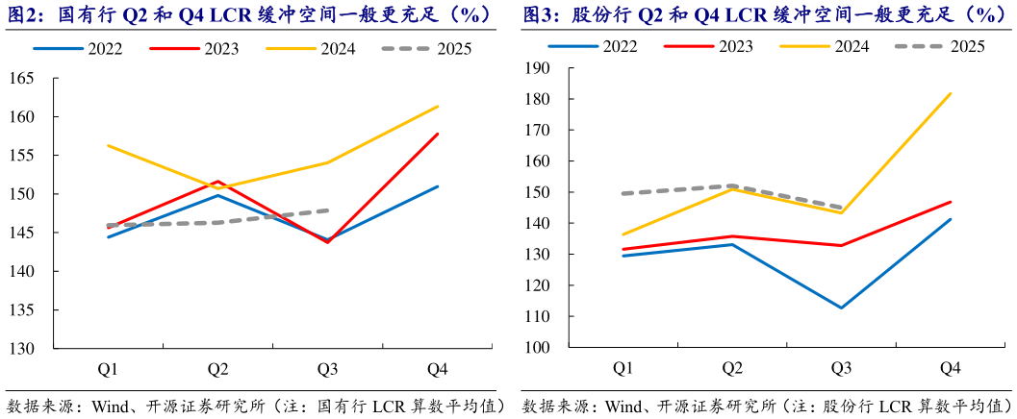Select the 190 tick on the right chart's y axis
[x=535, y=68]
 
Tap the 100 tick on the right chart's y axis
[x=535, y=348]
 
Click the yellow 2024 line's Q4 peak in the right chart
[x=951, y=93]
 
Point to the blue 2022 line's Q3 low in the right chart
[x=842, y=308]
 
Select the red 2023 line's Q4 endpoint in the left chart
[x=438, y=134]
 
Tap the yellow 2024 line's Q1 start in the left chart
[x=108, y=145]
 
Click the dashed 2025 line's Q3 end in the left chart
[x=328, y=209]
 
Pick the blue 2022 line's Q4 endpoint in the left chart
[x=438, y=186]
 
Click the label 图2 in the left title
[x=22, y=14]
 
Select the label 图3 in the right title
[x=540, y=14]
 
